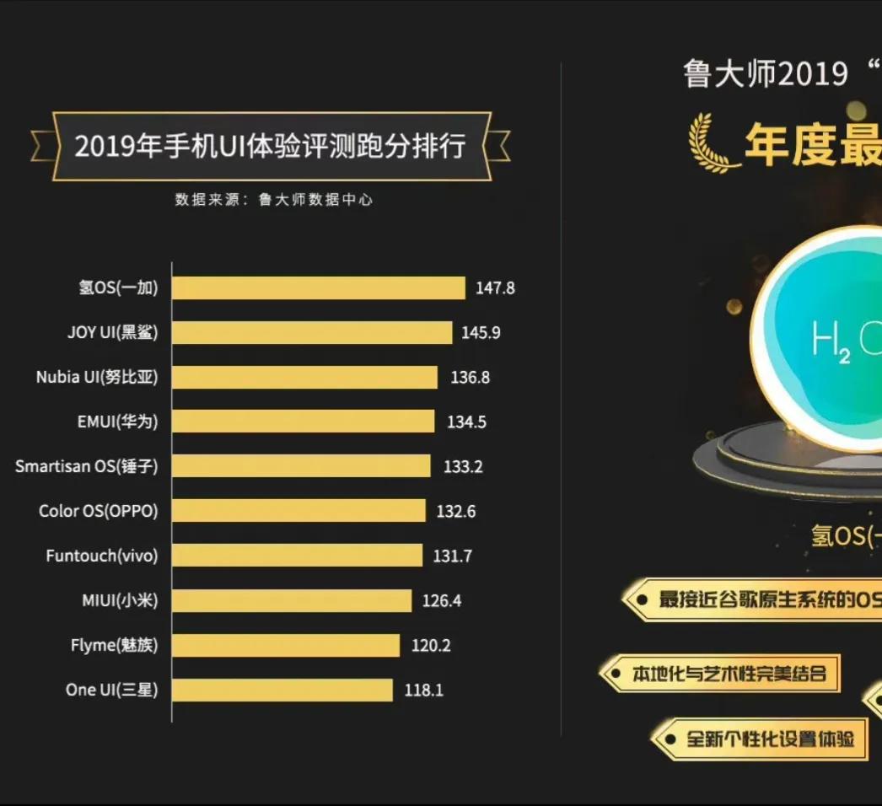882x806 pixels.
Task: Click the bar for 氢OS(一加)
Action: pyautogui.click(x=319, y=287)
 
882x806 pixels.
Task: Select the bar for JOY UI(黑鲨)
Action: pyautogui.click(x=312, y=332)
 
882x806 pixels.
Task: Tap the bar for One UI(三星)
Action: pyautogui.click(x=282, y=690)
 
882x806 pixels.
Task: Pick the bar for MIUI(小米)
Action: pyautogui.click(x=292, y=600)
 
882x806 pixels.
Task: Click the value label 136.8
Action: pyautogui.click(x=470, y=377)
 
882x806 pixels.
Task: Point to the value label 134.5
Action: pyautogui.click(x=466, y=422)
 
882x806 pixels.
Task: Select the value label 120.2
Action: pyautogui.click(x=431, y=646)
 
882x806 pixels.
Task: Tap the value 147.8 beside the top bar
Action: pyautogui.click(x=495, y=287)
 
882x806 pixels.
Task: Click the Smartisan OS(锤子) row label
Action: pyautogui.click(x=86, y=466)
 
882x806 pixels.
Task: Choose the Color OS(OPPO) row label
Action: pyautogui.click(x=98, y=511)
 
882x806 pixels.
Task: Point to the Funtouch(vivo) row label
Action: pyautogui.click(x=101, y=556)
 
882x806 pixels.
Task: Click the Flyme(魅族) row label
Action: pyautogui.click(x=114, y=646)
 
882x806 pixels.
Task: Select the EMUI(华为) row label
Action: pyautogui.click(x=117, y=422)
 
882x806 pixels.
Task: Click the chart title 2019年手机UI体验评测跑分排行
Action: pyautogui.click(x=270, y=146)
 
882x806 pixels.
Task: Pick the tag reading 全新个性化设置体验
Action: pyautogui.click(x=768, y=739)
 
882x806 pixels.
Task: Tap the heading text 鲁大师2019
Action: pyautogui.click(x=766, y=74)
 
